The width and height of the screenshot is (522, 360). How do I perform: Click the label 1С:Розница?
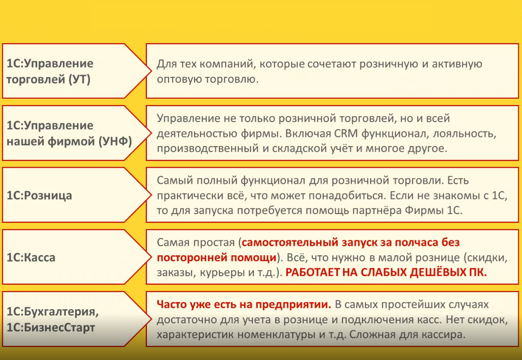point(39,195)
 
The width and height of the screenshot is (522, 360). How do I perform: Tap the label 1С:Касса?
point(31,258)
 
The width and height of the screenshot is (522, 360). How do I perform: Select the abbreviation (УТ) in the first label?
point(79,79)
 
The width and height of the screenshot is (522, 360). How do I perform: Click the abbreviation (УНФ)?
point(115,141)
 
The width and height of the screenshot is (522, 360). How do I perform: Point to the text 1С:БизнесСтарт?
point(50,328)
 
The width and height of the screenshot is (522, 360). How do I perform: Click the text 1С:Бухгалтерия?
point(53,312)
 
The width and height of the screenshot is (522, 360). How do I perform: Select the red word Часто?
point(172,304)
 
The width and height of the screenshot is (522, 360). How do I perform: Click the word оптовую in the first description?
point(179,79)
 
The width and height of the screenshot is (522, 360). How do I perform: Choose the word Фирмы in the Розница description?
point(424,211)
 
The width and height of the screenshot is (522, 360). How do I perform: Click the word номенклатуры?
point(276,335)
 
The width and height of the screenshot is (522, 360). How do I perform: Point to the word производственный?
point(208,149)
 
